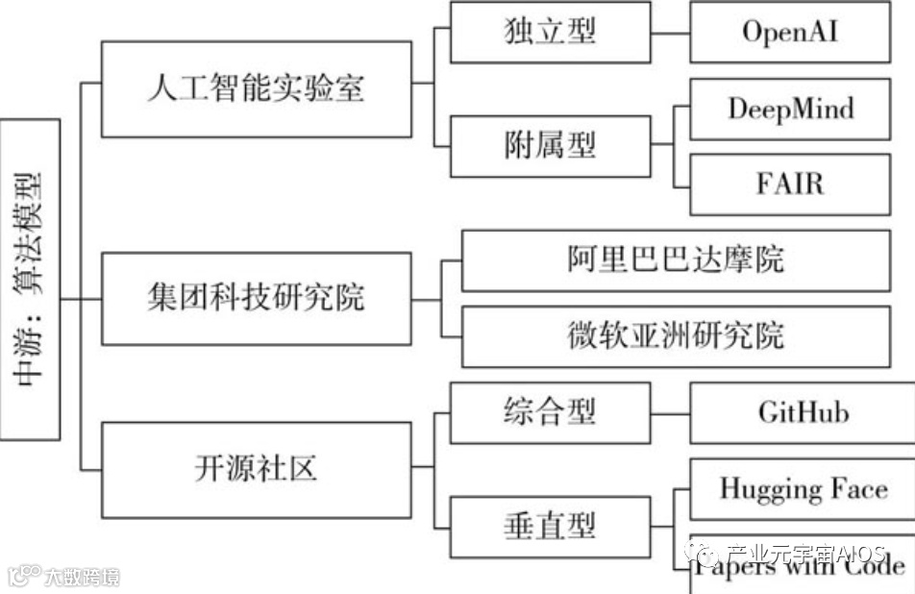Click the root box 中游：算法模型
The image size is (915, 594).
tap(31, 279)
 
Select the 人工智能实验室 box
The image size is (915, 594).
tap(258, 89)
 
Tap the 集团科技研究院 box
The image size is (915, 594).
tap(258, 298)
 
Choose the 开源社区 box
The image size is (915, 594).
tap(258, 469)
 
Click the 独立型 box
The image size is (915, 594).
tap(550, 32)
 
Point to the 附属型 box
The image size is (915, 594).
tap(550, 145)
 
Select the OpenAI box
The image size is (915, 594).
tap(790, 33)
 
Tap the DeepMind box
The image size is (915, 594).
tap(790, 110)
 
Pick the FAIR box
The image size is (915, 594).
tap(790, 183)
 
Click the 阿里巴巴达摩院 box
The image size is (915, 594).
tap(676, 260)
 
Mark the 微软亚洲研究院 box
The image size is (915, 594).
tap(676, 335)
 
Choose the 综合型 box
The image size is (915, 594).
tap(550, 412)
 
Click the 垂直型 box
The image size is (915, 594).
tap(550, 526)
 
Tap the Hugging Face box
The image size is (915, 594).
tap(803, 489)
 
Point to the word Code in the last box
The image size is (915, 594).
tap(870, 567)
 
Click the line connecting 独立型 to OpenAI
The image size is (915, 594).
tap(670, 33)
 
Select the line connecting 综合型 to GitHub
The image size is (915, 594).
tap(670, 413)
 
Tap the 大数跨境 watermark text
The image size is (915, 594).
tap(82, 578)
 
